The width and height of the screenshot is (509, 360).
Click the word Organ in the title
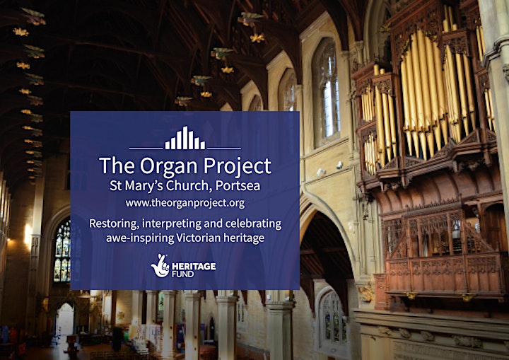(x=169, y=166)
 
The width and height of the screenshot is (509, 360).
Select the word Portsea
(x=238, y=185)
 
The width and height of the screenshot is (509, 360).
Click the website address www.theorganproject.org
(x=185, y=203)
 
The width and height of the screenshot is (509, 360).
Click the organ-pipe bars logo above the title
(x=185, y=138)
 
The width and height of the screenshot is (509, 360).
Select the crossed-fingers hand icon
(x=160, y=266)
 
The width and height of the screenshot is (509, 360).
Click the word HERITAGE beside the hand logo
(x=194, y=267)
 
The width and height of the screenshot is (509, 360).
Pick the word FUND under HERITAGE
(x=183, y=274)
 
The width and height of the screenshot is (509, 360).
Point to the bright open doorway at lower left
(x=64, y=320)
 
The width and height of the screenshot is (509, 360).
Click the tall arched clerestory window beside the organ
(x=326, y=91)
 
